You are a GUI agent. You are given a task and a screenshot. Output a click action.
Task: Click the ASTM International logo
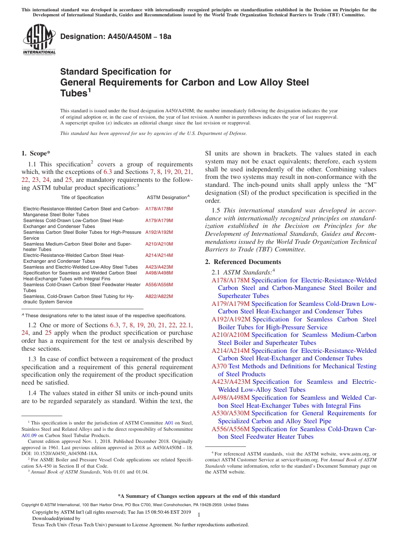[x=39, y=39]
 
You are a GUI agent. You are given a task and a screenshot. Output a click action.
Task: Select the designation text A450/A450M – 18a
[x=116, y=37]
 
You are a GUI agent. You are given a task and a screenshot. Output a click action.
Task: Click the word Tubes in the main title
[x=74, y=93]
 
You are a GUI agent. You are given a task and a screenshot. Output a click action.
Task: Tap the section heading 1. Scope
[x=36, y=153]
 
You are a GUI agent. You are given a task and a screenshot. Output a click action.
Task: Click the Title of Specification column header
[x=82, y=197]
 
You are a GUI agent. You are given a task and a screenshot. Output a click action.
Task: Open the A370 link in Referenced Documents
[x=219, y=366]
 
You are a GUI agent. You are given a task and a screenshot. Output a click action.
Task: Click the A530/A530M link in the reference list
[x=231, y=413]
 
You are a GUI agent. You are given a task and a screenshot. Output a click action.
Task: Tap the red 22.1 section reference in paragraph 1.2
[x=185, y=325]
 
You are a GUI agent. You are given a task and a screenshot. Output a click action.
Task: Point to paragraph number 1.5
[x=216, y=211]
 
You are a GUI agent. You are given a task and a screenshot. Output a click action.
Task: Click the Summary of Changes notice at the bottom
[x=199, y=496]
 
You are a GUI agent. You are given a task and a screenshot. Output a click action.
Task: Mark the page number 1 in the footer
[x=199, y=515]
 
